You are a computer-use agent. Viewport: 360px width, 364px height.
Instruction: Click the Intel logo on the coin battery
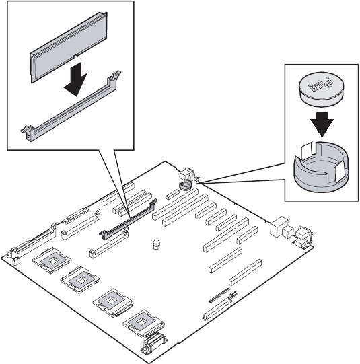pyautogui.click(x=320, y=85)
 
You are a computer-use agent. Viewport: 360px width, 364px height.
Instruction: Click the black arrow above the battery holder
pyautogui.click(x=322, y=124)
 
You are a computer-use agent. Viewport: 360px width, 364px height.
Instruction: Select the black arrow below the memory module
pyautogui.click(x=76, y=79)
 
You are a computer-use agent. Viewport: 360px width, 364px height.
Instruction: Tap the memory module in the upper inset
pyautogui.click(x=69, y=47)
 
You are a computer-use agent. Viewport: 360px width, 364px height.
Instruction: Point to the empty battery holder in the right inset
pyautogui.click(x=322, y=167)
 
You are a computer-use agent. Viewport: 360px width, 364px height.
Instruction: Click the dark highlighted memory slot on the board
pyautogui.click(x=128, y=219)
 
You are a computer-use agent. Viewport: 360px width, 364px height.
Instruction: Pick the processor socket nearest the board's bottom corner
pyautogui.click(x=143, y=323)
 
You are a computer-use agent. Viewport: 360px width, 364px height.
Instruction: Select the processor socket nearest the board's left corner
pyautogui.click(x=52, y=260)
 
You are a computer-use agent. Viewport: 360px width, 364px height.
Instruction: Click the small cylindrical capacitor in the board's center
pyautogui.click(x=157, y=244)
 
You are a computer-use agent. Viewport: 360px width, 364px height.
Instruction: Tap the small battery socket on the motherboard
pyautogui.click(x=185, y=186)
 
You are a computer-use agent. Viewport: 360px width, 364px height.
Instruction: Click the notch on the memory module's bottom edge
pyautogui.click(x=75, y=56)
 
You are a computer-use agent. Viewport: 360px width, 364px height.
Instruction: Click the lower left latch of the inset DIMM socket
pyautogui.click(x=28, y=133)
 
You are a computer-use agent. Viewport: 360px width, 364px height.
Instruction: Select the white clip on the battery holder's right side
pyautogui.click(x=340, y=172)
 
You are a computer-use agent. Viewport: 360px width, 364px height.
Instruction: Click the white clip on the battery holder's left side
pyautogui.click(x=307, y=150)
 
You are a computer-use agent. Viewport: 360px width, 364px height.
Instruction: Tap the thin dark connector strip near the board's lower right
pyautogui.click(x=219, y=295)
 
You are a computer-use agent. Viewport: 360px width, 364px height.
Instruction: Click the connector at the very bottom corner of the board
pyautogui.click(x=153, y=343)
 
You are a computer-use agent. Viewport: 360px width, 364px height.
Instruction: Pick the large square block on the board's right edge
pyautogui.click(x=279, y=226)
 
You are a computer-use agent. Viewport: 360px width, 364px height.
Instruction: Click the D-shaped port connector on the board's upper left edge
pyautogui.click(x=76, y=216)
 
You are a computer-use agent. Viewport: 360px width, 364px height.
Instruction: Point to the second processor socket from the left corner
pyautogui.click(x=80, y=280)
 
